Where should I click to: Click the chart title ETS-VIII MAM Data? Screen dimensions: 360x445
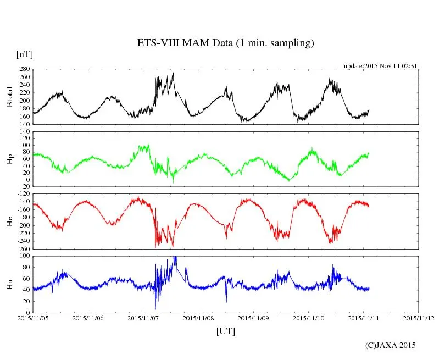(x=225, y=43)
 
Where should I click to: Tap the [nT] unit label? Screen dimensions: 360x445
(x=25, y=54)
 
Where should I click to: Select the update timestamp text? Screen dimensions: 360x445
(x=381, y=65)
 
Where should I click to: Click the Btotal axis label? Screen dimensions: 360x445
(x=9, y=97)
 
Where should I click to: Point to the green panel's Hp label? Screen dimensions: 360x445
(x=9, y=159)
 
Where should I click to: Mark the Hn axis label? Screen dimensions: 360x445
(x=9, y=284)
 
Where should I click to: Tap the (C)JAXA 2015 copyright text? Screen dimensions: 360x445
(x=391, y=345)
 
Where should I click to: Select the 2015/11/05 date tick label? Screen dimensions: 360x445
(x=33, y=318)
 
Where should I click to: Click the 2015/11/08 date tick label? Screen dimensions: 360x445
(x=198, y=318)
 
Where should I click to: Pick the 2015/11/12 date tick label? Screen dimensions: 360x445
(x=419, y=318)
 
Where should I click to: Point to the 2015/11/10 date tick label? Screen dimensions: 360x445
(x=309, y=318)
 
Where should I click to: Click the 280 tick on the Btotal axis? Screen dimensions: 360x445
(x=24, y=69)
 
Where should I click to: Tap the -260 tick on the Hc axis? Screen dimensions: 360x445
(x=23, y=248)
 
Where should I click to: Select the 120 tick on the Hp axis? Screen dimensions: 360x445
(x=24, y=131)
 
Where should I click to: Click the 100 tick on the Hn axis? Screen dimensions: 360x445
(x=24, y=256)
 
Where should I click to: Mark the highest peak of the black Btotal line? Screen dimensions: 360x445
(x=173, y=73)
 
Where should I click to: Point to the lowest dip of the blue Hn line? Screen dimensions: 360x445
(x=155, y=309)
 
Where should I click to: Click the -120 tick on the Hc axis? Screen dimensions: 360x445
(x=23, y=195)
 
